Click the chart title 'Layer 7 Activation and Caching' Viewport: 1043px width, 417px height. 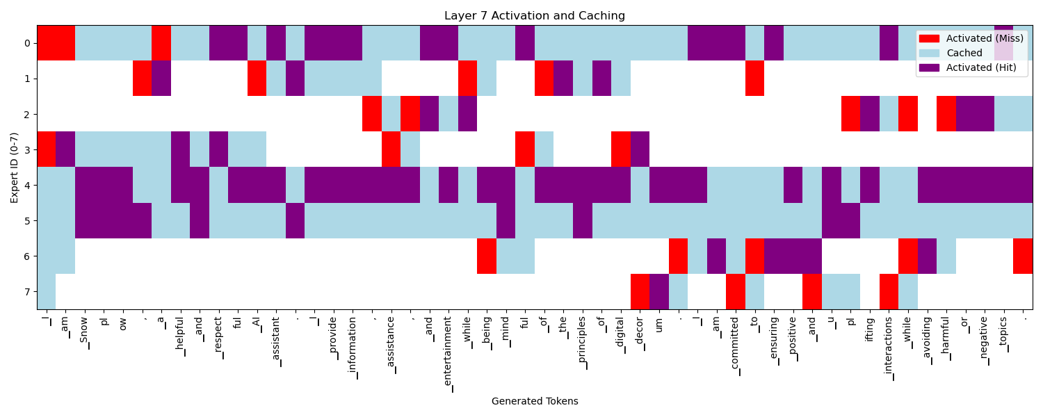[x=535, y=16]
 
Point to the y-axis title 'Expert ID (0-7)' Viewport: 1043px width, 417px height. [x=15, y=167]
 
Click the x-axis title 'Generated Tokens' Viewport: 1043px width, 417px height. [x=535, y=401]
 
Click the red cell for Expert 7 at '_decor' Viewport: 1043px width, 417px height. [x=640, y=291]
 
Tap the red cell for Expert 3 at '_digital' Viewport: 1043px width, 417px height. [x=620, y=149]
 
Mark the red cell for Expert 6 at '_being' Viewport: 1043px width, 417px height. [x=487, y=256]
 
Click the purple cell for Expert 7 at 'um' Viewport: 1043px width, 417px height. [x=659, y=291]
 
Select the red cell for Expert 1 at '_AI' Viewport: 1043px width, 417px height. [x=257, y=79]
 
